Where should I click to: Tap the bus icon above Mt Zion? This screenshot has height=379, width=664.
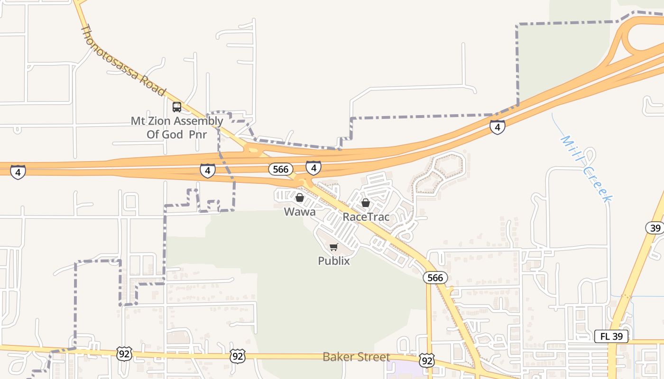point(177,107)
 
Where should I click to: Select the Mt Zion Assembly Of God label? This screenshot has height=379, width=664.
point(177,127)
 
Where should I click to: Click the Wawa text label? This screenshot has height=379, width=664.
point(300,212)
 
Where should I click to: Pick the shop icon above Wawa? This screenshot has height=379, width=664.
point(300,198)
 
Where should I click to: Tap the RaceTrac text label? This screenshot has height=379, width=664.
point(366,217)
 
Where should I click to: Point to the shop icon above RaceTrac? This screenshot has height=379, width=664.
point(366,203)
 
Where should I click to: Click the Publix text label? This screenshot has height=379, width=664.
point(334,261)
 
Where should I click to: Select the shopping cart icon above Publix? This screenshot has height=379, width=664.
point(334,247)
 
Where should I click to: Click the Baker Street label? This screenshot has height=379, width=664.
point(356,357)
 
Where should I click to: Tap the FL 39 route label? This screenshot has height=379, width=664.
point(611,336)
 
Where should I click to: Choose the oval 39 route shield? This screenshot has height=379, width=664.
point(655,228)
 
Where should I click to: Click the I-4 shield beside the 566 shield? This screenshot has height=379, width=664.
point(313,167)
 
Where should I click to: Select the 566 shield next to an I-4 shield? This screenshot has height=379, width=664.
point(280,169)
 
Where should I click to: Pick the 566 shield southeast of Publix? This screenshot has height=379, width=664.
point(435,278)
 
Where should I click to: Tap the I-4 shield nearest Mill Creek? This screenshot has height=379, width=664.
point(497,127)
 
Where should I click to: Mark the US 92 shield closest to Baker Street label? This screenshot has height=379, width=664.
point(427,361)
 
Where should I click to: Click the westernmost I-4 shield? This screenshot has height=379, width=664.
point(18,171)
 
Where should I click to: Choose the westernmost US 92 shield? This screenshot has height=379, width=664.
point(124,353)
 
